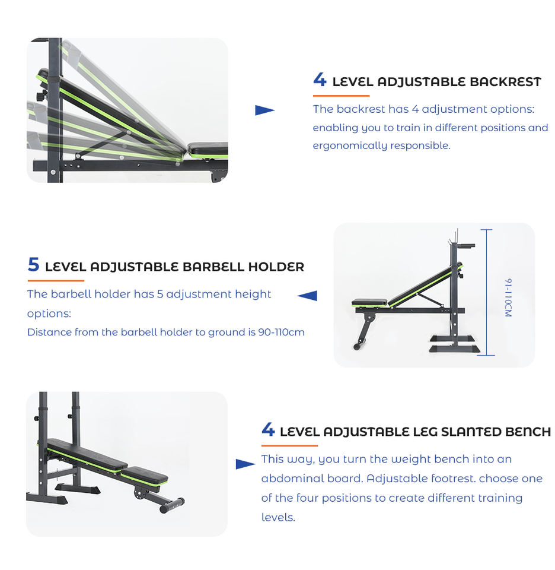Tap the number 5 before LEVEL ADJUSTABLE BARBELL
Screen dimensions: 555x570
click(x=33, y=265)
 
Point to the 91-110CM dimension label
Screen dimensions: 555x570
click(x=508, y=297)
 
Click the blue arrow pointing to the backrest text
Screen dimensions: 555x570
click(x=264, y=110)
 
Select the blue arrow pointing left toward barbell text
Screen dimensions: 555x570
click(x=307, y=296)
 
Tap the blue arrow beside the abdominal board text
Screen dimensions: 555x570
click(x=245, y=464)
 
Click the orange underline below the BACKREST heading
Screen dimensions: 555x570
click(x=341, y=96)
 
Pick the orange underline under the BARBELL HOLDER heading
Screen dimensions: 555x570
click(x=56, y=280)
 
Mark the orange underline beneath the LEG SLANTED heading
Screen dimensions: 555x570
click(x=289, y=445)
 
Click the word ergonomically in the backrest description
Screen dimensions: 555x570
click(x=348, y=145)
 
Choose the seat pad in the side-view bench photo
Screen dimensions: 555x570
click(x=369, y=303)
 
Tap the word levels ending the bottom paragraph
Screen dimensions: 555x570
click(x=277, y=517)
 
